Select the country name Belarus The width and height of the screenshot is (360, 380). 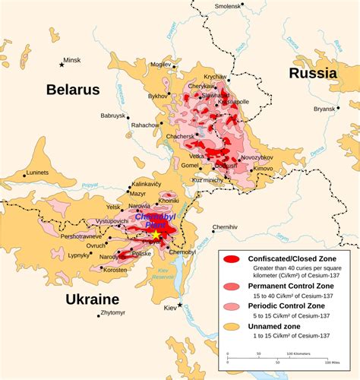coord(73,90)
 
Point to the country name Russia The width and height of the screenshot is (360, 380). coord(312,73)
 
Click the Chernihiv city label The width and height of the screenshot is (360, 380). coord(225,226)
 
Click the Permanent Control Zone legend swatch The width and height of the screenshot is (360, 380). coord(232,286)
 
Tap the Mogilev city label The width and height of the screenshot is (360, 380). coord(161,65)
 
